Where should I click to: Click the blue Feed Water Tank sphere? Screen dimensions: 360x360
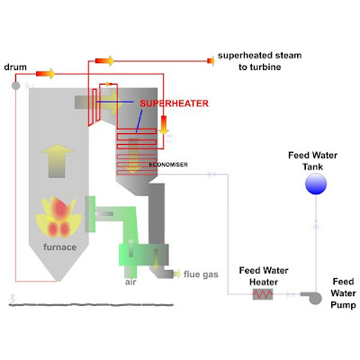(x=315, y=184)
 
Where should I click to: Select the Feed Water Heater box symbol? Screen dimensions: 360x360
(x=262, y=293)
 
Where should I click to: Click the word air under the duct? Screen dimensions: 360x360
(x=131, y=282)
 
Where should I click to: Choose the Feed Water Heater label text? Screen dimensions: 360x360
(x=262, y=274)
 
